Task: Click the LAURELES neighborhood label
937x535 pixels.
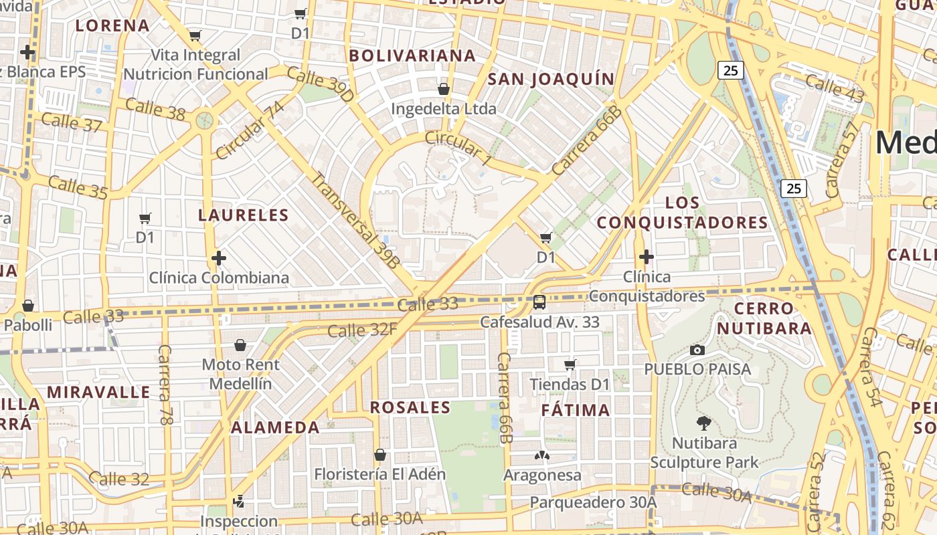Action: click(243, 215)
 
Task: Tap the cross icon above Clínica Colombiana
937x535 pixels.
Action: click(219, 257)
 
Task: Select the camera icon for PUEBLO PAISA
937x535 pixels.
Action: click(697, 350)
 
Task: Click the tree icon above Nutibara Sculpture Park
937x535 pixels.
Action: click(703, 423)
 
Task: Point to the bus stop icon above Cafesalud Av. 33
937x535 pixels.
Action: click(539, 302)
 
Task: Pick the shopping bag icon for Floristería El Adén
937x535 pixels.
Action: click(380, 455)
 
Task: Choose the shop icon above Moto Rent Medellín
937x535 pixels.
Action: click(240, 345)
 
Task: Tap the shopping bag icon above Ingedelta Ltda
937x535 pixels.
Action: click(443, 89)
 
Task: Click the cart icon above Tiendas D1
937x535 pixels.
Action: click(570, 364)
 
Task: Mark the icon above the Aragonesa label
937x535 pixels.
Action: click(541, 456)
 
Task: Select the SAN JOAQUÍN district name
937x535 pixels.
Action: click(551, 79)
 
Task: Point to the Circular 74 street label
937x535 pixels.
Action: click(249, 131)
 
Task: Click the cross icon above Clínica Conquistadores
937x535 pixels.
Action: click(646, 257)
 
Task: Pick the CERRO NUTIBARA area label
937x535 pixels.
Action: click(764, 318)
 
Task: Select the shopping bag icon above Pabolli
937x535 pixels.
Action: click(28, 306)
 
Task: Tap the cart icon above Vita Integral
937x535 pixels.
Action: click(195, 35)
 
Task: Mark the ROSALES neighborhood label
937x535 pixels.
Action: click(410, 407)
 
